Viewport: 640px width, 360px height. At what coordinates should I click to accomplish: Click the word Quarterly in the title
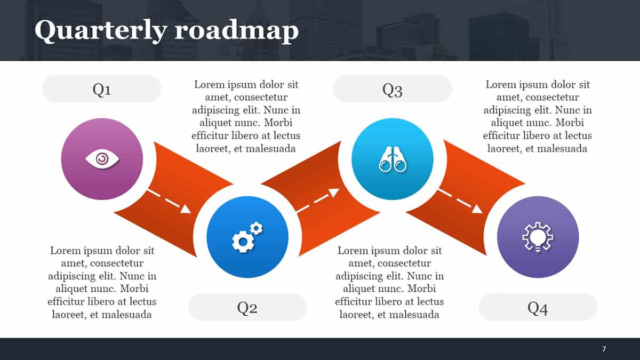tap(101, 30)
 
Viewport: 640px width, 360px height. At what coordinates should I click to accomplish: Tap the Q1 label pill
tap(102, 89)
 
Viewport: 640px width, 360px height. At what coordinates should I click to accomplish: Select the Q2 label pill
tap(247, 307)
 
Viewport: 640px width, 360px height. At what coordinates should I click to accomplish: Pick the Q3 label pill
tap(393, 89)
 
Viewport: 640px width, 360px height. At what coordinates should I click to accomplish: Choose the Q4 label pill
tap(538, 307)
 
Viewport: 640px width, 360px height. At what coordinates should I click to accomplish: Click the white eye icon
tap(102, 159)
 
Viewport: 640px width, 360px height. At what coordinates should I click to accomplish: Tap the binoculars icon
tap(393, 159)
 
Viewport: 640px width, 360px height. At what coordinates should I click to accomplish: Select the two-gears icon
tap(247, 237)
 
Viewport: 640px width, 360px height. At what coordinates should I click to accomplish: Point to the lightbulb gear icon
tap(538, 237)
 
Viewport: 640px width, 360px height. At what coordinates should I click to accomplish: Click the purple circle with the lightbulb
tap(538, 237)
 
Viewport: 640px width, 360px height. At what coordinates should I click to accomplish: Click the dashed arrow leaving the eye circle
tap(169, 201)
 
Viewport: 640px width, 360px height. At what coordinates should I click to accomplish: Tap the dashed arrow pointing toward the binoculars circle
tap(318, 201)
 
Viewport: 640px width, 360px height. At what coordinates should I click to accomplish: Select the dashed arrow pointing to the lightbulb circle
tap(460, 201)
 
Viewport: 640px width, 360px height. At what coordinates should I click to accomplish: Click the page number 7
tap(604, 349)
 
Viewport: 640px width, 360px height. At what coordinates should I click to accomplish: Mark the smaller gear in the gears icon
tap(257, 228)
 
